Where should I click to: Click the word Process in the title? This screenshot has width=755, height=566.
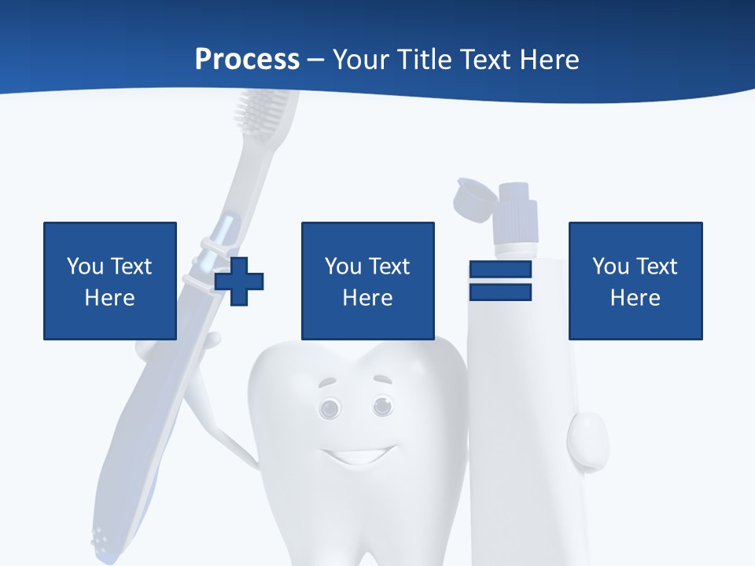point(247,60)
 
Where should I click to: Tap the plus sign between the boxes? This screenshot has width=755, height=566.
point(239,281)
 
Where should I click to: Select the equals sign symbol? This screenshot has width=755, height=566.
point(500,281)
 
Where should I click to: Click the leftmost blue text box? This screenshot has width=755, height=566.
point(109,281)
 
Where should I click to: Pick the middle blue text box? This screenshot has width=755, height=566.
point(367,281)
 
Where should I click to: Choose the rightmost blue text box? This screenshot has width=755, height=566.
point(635,281)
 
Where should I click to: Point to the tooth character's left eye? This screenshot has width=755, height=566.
point(330,408)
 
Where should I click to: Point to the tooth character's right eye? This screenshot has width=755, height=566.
point(383,406)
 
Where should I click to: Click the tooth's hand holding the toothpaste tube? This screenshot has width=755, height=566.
point(587,440)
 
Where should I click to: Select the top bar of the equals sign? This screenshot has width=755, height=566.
point(500,270)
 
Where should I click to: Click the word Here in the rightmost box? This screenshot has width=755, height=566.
point(635,298)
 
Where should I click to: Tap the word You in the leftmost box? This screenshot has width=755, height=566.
point(85,266)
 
